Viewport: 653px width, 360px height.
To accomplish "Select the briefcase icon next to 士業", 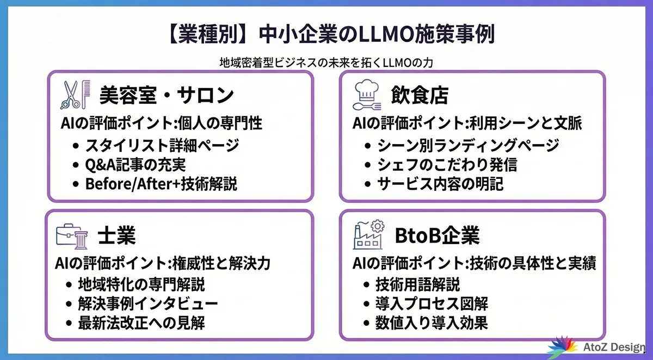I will [70, 235].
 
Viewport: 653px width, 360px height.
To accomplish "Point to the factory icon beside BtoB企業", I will [368, 235].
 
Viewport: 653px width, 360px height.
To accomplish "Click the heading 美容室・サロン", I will [167, 96].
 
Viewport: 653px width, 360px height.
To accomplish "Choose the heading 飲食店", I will [420, 96].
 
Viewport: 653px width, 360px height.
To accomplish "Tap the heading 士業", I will [117, 236].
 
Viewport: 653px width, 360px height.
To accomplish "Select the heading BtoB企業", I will [437, 236].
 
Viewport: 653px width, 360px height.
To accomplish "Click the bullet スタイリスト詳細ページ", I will [162, 146].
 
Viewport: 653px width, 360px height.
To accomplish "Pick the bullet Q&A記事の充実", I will [139, 164].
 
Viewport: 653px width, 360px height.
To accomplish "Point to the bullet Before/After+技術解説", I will [161, 183].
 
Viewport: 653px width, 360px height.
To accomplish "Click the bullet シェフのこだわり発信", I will [447, 164].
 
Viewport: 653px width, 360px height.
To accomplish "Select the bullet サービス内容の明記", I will [440, 183].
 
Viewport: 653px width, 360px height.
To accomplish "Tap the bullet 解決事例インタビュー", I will [147, 303].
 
